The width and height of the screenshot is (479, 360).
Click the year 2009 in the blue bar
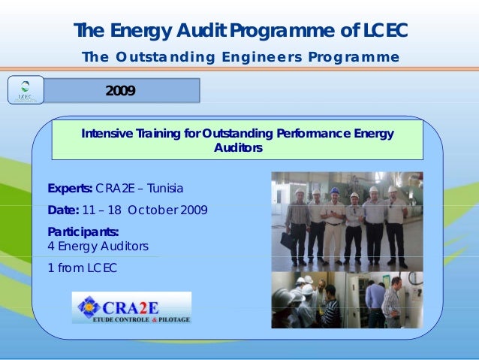(x=120, y=91)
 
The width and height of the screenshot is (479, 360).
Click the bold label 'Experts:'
(x=71, y=188)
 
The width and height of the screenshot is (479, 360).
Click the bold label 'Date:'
(x=63, y=210)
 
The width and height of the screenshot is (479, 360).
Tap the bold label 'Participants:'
(x=83, y=231)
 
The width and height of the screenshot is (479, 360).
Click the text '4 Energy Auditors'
(x=98, y=246)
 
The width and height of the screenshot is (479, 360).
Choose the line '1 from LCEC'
(x=82, y=268)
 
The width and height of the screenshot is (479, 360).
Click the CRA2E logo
(x=131, y=307)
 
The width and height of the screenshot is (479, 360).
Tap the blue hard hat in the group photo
(x=335, y=191)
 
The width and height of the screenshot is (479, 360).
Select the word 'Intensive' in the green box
(x=104, y=134)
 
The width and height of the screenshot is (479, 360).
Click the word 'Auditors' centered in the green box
(x=238, y=148)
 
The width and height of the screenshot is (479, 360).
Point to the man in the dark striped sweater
(x=331, y=308)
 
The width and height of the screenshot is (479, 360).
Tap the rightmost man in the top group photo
(x=395, y=222)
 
